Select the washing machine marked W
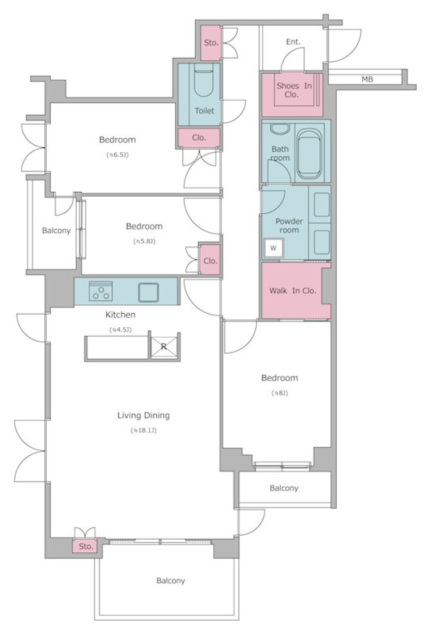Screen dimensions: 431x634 click(x=273, y=248)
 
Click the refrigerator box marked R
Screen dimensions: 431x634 click(x=163, y=346)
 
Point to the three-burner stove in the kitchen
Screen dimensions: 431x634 click(x=101, y=291)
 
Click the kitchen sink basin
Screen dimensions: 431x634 click(x=148, y=292)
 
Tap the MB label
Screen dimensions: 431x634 click(x=367, y=79)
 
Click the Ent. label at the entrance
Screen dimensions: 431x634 click(x=293, y=42)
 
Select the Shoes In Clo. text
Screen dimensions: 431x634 click(x=294, y=90)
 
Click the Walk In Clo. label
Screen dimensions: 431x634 click(x=293, y=291)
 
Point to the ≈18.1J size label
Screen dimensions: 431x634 click(x=144, y=431)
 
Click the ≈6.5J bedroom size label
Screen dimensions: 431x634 click(x=118, y=155)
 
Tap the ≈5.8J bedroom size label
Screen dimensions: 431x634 click(x=144, y=242)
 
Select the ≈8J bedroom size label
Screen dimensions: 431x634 click(x=280, y=393)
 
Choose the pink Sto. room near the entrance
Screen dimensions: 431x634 click(x=211, y=43)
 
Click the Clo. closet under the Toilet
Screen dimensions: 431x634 click(x=198, y=138)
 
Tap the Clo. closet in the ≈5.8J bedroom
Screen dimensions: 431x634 click(x=210, y=260)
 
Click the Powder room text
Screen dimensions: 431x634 click(x=289, y=225)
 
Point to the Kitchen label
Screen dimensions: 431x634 click(x=120, y=314)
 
